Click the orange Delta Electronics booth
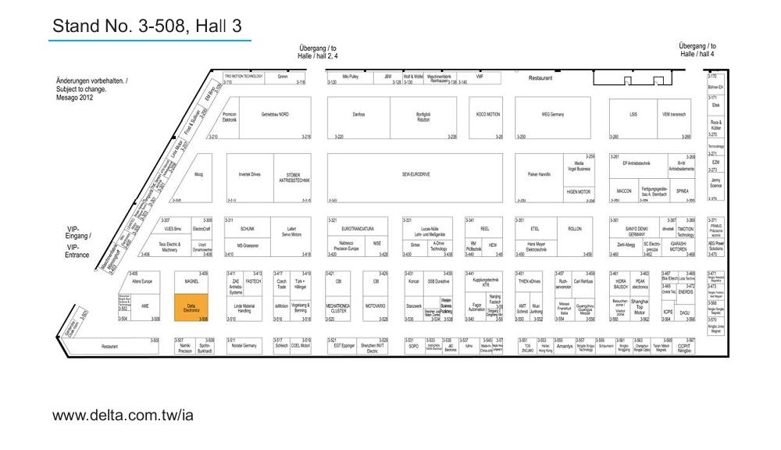click(191, 308)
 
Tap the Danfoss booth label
click(358, 114)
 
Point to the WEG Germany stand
click(552, 114)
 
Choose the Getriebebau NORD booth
click(275, 114)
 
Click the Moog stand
click(198, 176)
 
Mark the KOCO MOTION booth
click(488, 114)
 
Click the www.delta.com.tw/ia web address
click(123, 415)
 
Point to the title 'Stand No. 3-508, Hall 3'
click(147, 27)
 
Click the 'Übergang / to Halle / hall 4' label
click(697, 50)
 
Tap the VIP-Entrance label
click(77, 251)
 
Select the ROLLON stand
click(574, 229)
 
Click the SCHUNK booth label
click(248, 229)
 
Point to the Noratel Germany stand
click(244, 345)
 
